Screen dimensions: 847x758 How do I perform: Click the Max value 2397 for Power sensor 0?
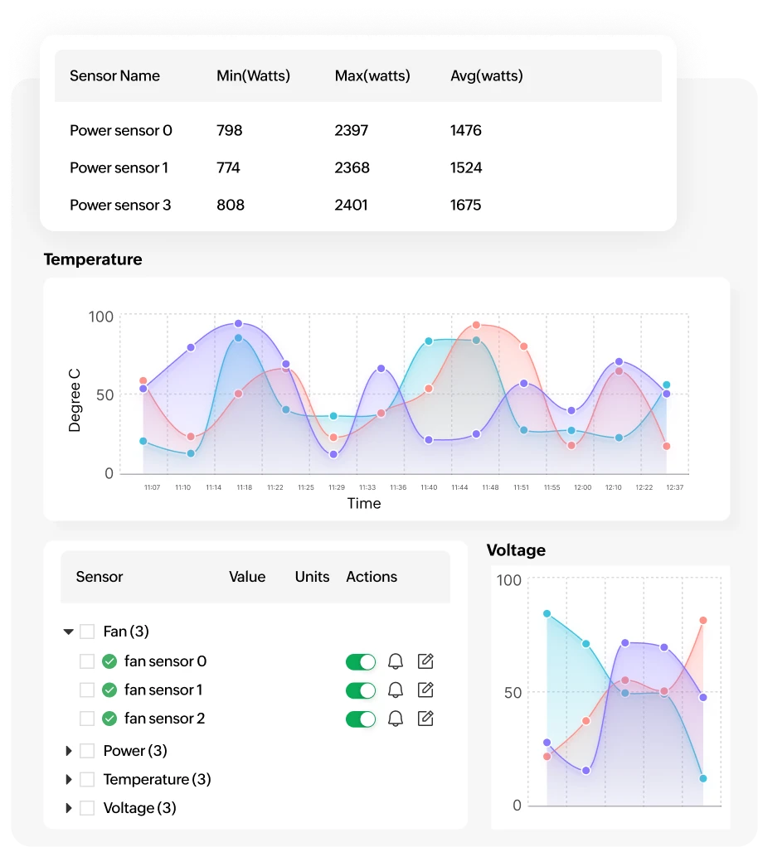[352, 130]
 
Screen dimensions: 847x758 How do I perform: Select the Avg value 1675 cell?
[465, 205]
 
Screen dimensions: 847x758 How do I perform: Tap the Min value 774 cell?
[228, 167]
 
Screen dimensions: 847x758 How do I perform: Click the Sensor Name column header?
[114, 75]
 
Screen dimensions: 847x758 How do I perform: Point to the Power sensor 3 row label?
[120, 205]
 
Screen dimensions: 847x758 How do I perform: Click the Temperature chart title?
[93, 259]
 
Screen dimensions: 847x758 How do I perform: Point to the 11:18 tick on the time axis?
[244, 487]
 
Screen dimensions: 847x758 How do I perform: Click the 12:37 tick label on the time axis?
[674, 487]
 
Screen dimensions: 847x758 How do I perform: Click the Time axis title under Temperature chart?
[364, 503]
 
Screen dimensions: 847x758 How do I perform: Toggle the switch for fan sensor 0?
[361, 661]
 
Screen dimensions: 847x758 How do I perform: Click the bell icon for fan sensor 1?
[396, 690]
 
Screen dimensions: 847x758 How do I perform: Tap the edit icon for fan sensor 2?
[425, 719]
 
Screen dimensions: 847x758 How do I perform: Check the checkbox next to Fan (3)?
[87, 632]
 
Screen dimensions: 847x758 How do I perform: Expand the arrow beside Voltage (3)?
[69, 808]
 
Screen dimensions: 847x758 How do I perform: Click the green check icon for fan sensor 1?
[109, 690]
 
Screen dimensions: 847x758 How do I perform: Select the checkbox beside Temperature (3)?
[87, 779]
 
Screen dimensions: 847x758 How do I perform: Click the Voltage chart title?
[516, 550]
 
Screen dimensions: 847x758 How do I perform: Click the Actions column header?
[372, 577]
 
